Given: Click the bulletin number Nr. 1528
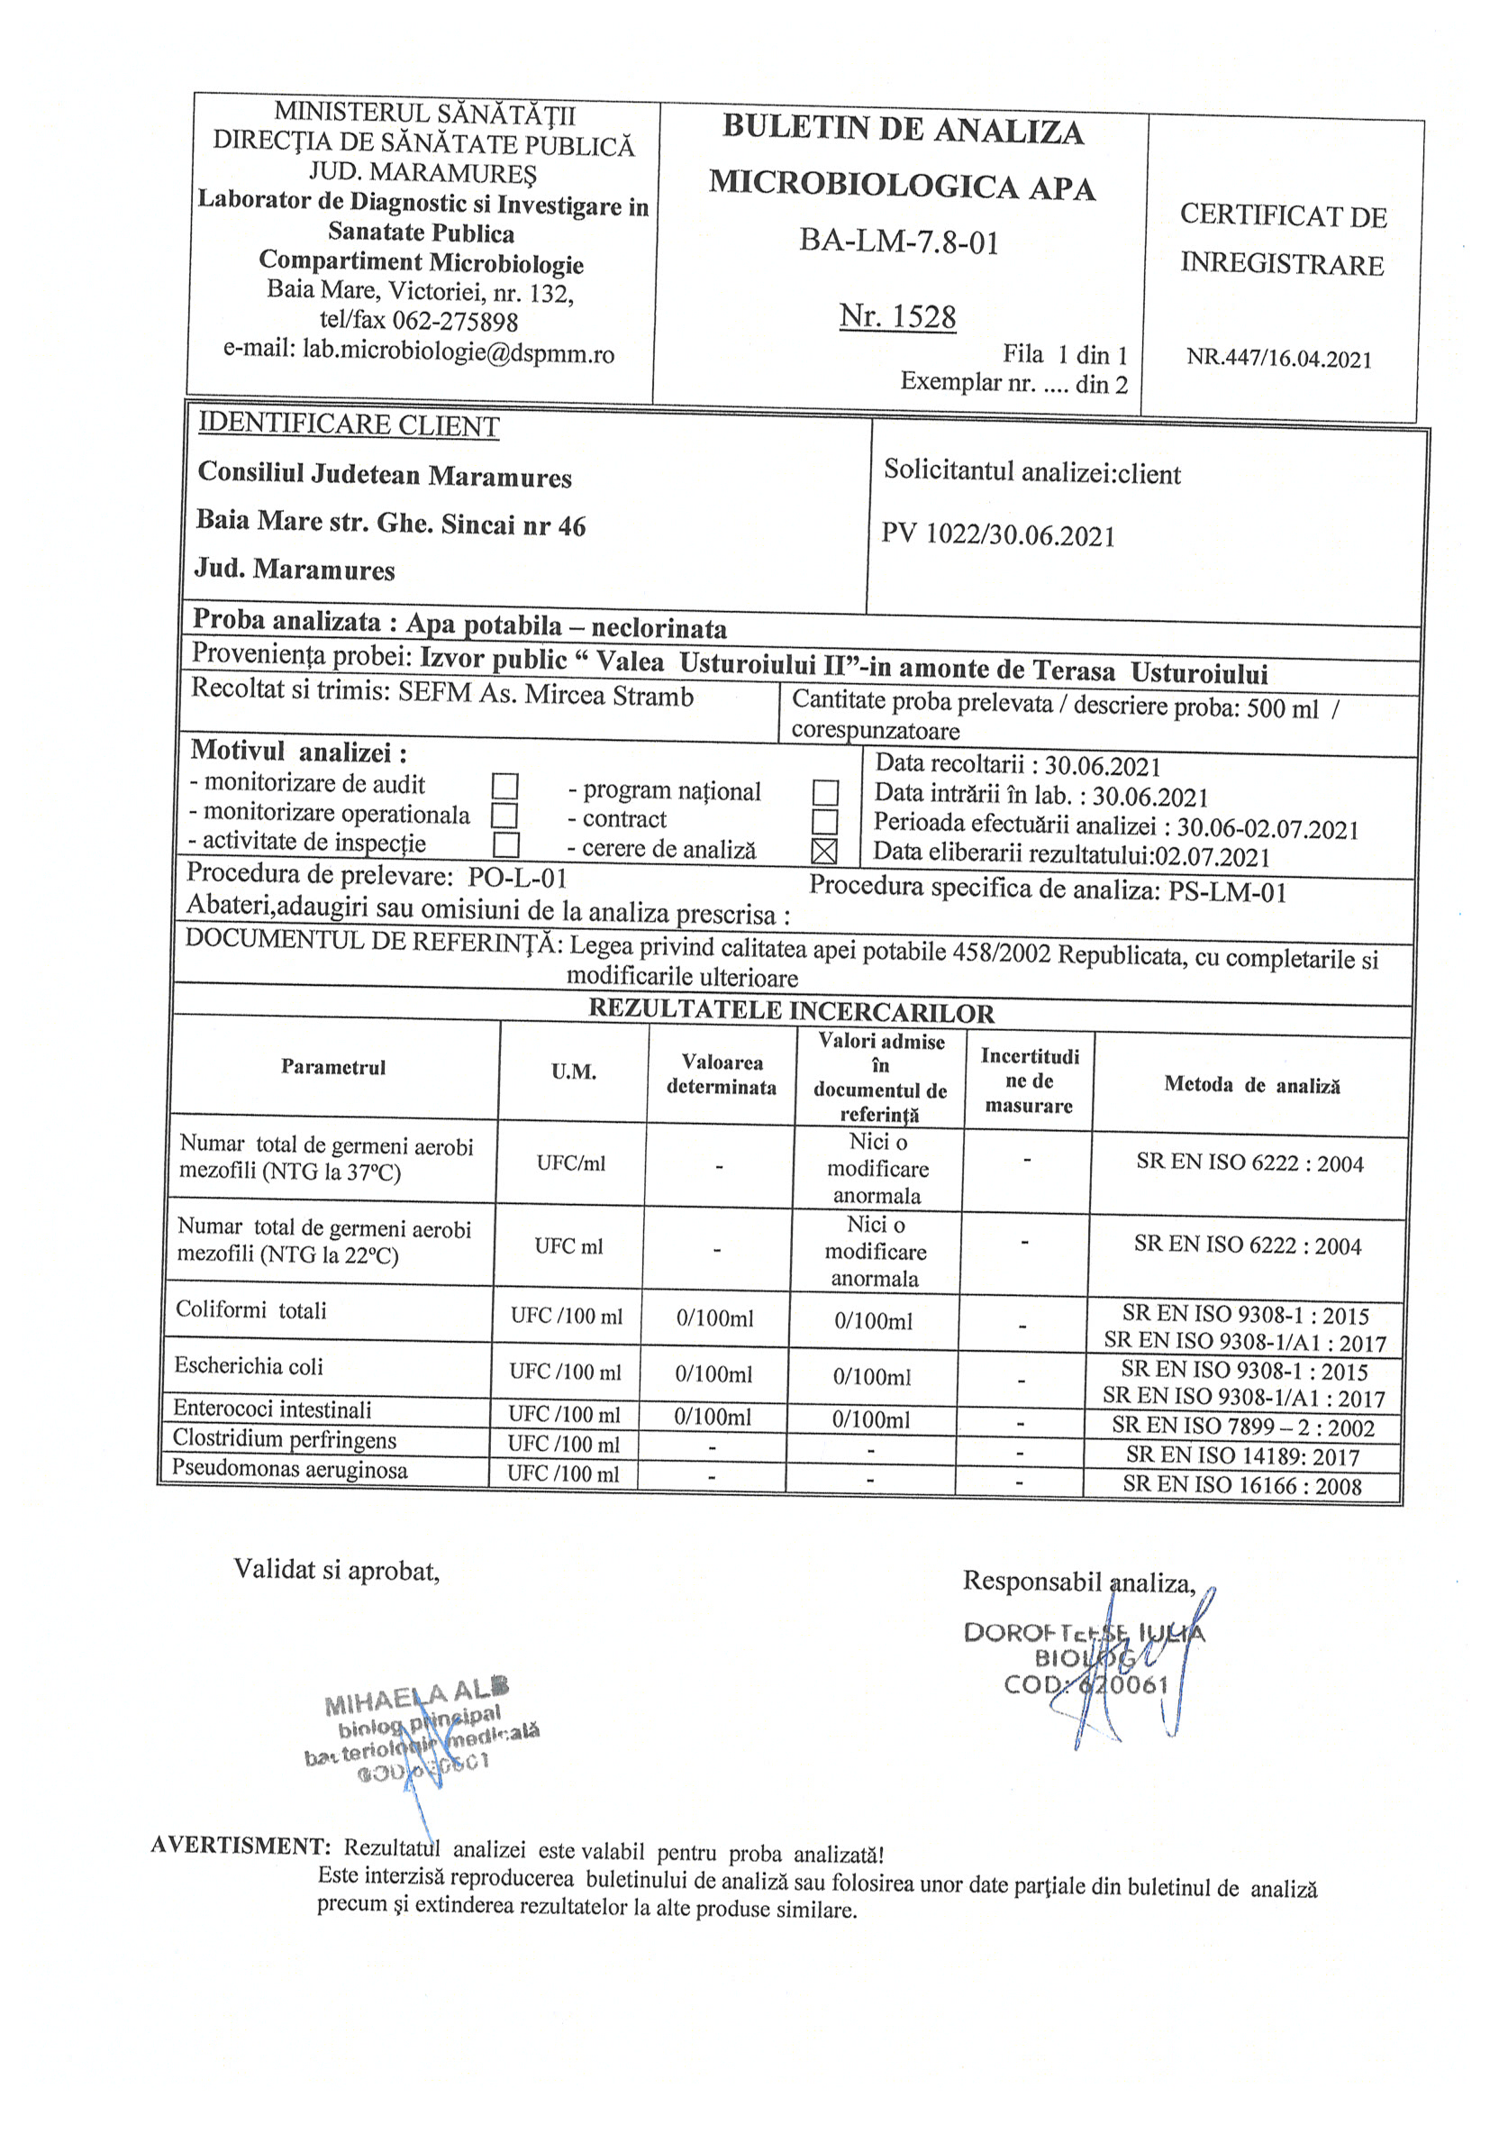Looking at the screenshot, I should [897, 317].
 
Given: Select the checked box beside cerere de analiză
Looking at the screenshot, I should [823, 851].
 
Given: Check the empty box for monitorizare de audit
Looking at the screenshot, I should [504, 787].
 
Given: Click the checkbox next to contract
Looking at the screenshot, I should [824, 822].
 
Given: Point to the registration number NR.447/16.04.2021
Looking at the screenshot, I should [1279, 359].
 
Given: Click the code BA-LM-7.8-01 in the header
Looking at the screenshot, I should [899, 242].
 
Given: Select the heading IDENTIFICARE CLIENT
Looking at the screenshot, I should [349, 424].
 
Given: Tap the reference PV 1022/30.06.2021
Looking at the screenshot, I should [998, 535].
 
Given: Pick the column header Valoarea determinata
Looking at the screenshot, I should [722, 1074].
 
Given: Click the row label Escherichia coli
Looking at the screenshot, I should [249, 1365].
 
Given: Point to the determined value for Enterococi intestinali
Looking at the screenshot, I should [713, 1417].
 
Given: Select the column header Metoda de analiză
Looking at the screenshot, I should [1252, 1085].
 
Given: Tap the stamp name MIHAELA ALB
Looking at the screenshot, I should [416, 1697].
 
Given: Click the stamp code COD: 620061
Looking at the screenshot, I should [1086, 1684].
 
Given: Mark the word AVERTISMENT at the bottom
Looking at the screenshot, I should [241, 1845].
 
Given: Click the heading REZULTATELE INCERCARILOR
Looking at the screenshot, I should [791, 1011].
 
